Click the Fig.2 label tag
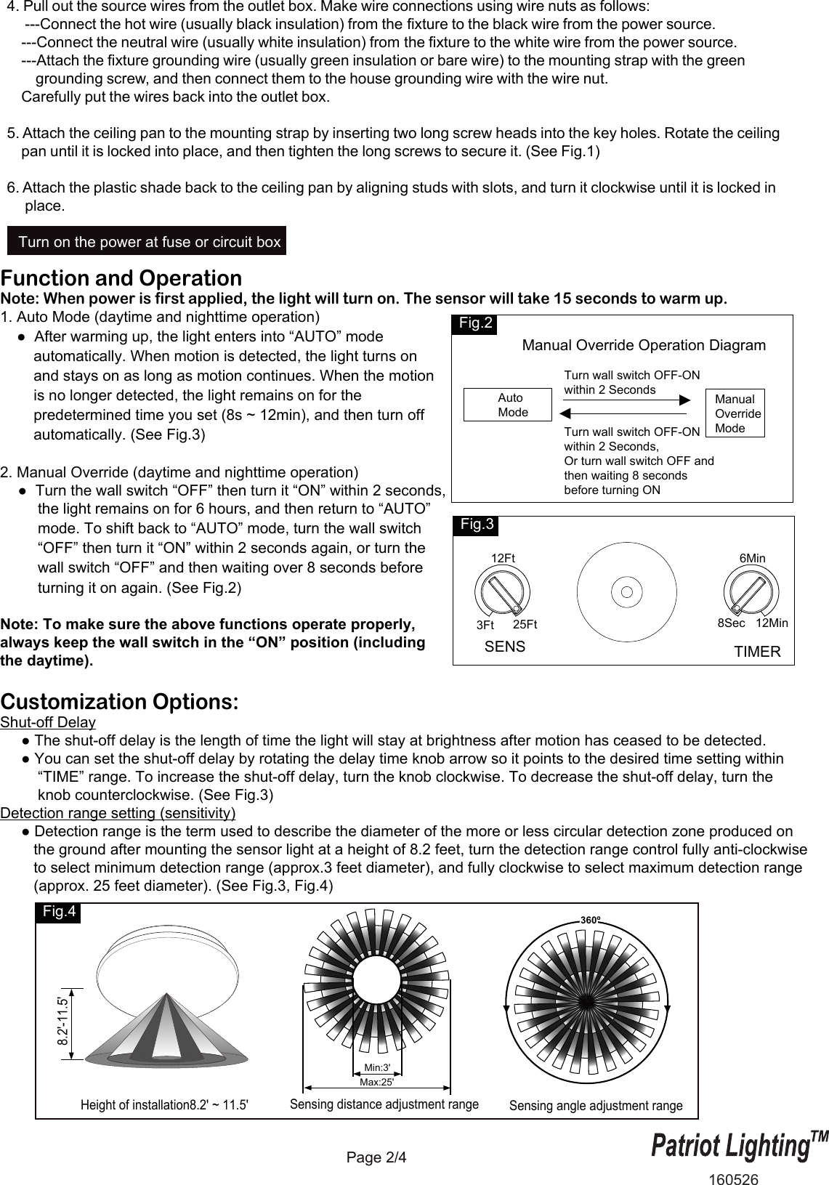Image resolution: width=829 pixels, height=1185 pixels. (476, 324)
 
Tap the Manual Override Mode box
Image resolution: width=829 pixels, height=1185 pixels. (735, 413)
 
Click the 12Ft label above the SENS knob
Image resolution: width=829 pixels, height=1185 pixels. (503, 558)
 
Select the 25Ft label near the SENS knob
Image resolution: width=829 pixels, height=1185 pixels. (525, 624)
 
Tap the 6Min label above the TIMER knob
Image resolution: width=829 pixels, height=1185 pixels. (752, 558)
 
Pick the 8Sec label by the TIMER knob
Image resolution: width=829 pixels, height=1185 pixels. (731, 623)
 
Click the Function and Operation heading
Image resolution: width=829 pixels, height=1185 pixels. (121, 278)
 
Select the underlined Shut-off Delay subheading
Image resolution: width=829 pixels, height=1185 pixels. (48, 722)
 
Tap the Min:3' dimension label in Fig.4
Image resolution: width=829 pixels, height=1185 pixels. (377, 1067)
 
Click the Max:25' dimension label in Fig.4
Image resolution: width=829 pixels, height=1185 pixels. (377, 1081)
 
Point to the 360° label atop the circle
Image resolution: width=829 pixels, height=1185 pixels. (591, 921)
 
